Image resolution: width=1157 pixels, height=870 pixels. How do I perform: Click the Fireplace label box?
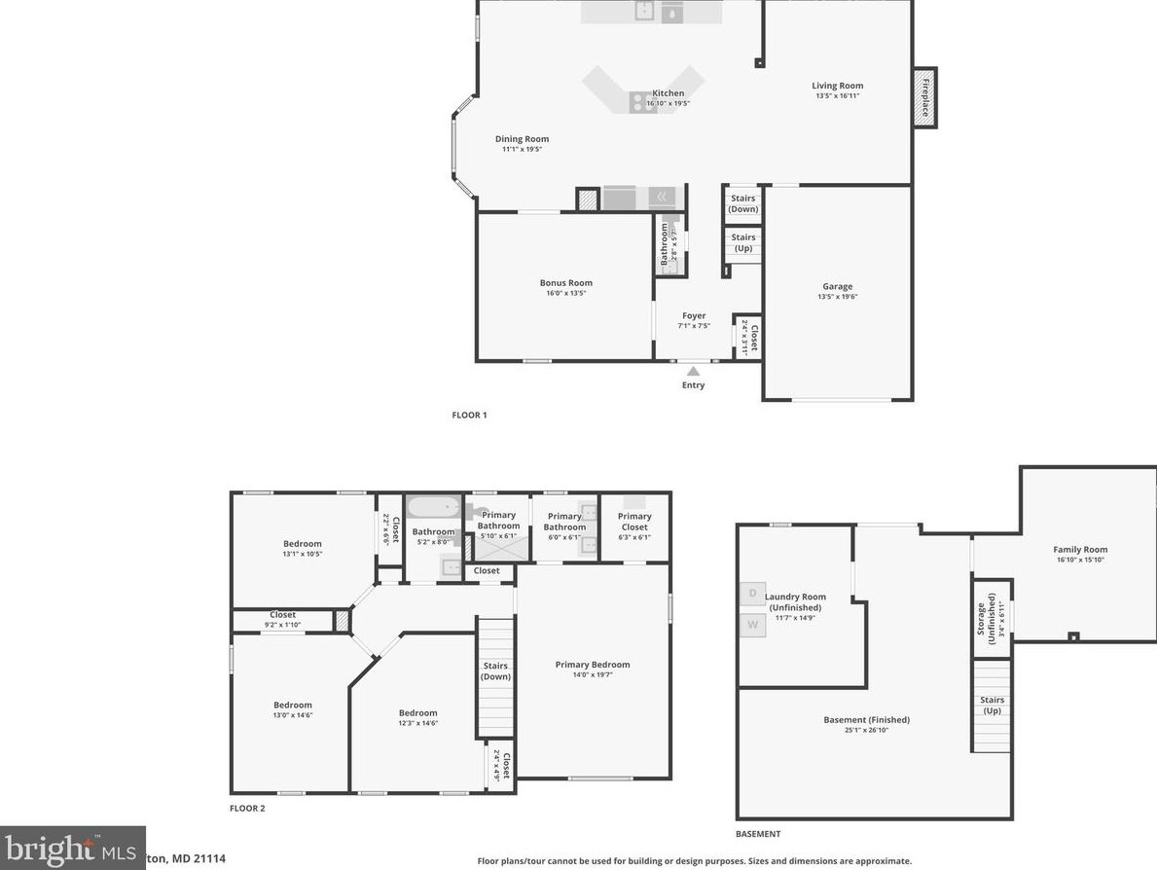tap(924, 97)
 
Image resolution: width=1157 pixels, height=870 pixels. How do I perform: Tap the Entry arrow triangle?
tap(693, 370)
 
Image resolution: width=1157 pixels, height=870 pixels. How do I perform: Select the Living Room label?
tap(837, 87)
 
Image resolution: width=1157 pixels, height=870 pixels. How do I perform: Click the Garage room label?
tap(837, 287)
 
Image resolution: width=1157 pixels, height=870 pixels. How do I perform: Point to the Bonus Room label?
tap(565, 283)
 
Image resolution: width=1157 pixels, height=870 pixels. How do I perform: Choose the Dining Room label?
tap(522, 139)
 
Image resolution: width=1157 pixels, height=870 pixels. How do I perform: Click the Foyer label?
tap(693, 316)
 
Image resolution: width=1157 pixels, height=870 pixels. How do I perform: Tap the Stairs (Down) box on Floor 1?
tap(742, 203)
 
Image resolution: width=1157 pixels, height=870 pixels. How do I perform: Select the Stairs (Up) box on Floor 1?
tap(742, 242)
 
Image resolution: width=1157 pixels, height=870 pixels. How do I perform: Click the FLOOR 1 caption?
tap(469, 415)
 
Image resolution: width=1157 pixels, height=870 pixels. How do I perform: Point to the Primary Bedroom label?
tap(592, 666)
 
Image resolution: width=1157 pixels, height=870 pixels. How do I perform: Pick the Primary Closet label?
tap(634, 522)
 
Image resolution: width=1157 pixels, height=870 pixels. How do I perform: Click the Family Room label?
tap(1080, 550)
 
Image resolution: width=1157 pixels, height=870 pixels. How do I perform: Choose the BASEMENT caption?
tap(757, 834)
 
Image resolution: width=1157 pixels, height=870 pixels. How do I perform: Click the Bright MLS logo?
tap(72, 849)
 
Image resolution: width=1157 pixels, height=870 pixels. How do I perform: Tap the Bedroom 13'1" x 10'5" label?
tap(302, 544)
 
